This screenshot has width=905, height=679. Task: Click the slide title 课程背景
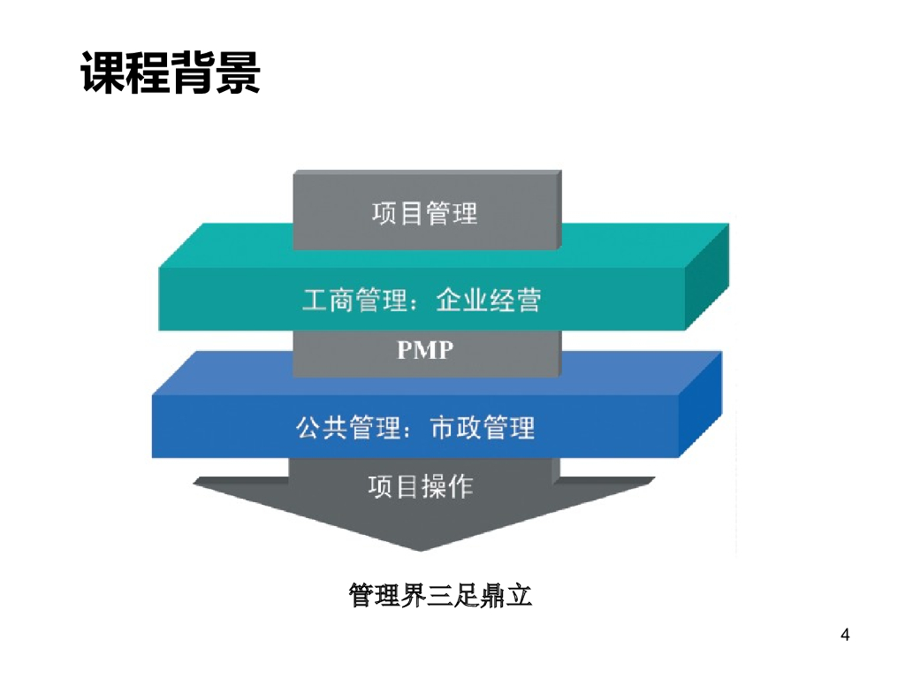click(171, 72)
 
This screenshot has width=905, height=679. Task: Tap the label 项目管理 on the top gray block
click(425, 214)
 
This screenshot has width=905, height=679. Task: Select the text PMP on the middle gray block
click(425, 350)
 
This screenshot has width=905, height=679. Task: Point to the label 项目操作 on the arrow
click(421, 486)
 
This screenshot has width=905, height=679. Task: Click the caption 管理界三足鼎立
click(440, 595)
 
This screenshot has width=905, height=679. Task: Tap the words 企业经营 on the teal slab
click(488, 301)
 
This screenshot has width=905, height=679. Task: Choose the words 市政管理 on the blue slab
click(483, 428)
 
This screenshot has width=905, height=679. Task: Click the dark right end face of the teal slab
click(708, 278)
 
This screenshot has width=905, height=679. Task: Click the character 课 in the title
click(103, 72)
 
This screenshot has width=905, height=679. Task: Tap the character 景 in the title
click(238, 72)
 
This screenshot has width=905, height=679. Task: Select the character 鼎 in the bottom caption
click(493, 595)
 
